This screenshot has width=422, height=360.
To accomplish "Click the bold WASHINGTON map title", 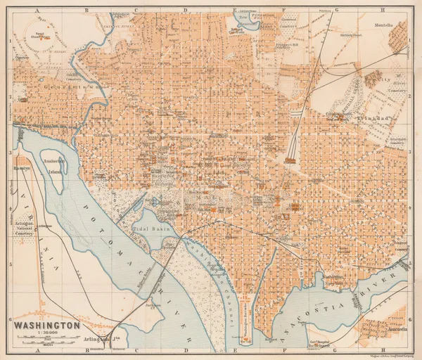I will (44, 326).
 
